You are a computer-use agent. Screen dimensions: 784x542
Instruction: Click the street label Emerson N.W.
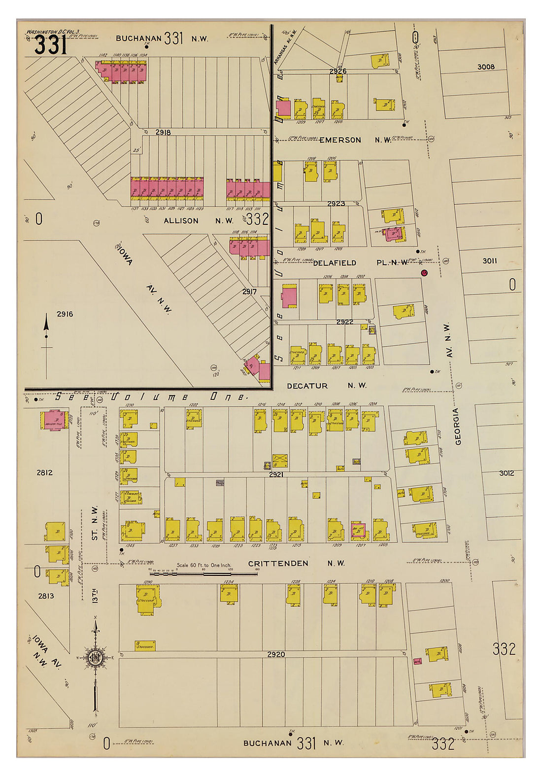point(355,140)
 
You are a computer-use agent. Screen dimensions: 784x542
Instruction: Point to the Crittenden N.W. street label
point(296,563)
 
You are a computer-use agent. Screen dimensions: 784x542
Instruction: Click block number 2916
point(65,314)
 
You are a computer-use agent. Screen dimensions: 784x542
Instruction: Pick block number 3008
point(486,67)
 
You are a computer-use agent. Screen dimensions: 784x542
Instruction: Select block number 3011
point(489,261)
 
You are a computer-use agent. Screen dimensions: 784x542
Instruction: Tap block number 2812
point(44,472)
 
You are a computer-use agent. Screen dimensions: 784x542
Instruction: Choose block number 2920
point(276,655)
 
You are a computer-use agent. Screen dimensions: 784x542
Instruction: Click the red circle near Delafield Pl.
point(424,273)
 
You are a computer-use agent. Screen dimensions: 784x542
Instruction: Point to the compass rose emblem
point(94,658)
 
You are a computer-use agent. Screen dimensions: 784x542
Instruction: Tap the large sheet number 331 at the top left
point(50,46)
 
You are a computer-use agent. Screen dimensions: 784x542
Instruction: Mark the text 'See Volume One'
point(150,396)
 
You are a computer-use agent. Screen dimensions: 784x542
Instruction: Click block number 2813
point(46,596)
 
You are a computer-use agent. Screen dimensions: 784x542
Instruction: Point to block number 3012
point(506,473)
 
